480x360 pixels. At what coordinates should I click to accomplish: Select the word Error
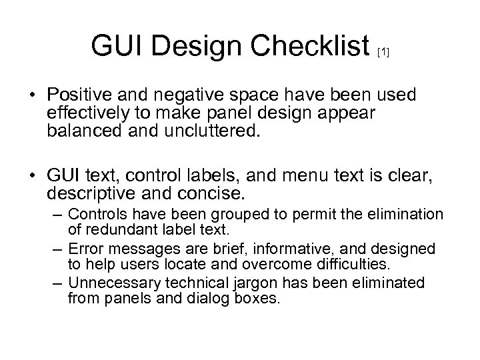pyautogui.click(x=85, y=249)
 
